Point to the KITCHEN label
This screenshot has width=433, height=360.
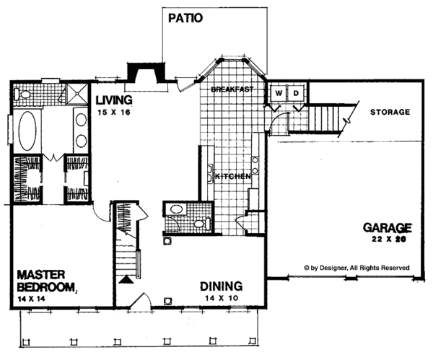[x=232, y=176]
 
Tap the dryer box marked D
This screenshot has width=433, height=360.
[x=295, y=93]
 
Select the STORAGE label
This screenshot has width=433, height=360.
[x=390, y=112]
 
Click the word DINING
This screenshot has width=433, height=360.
[x=221, y=286]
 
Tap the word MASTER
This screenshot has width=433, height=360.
[x=42, y=275]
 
